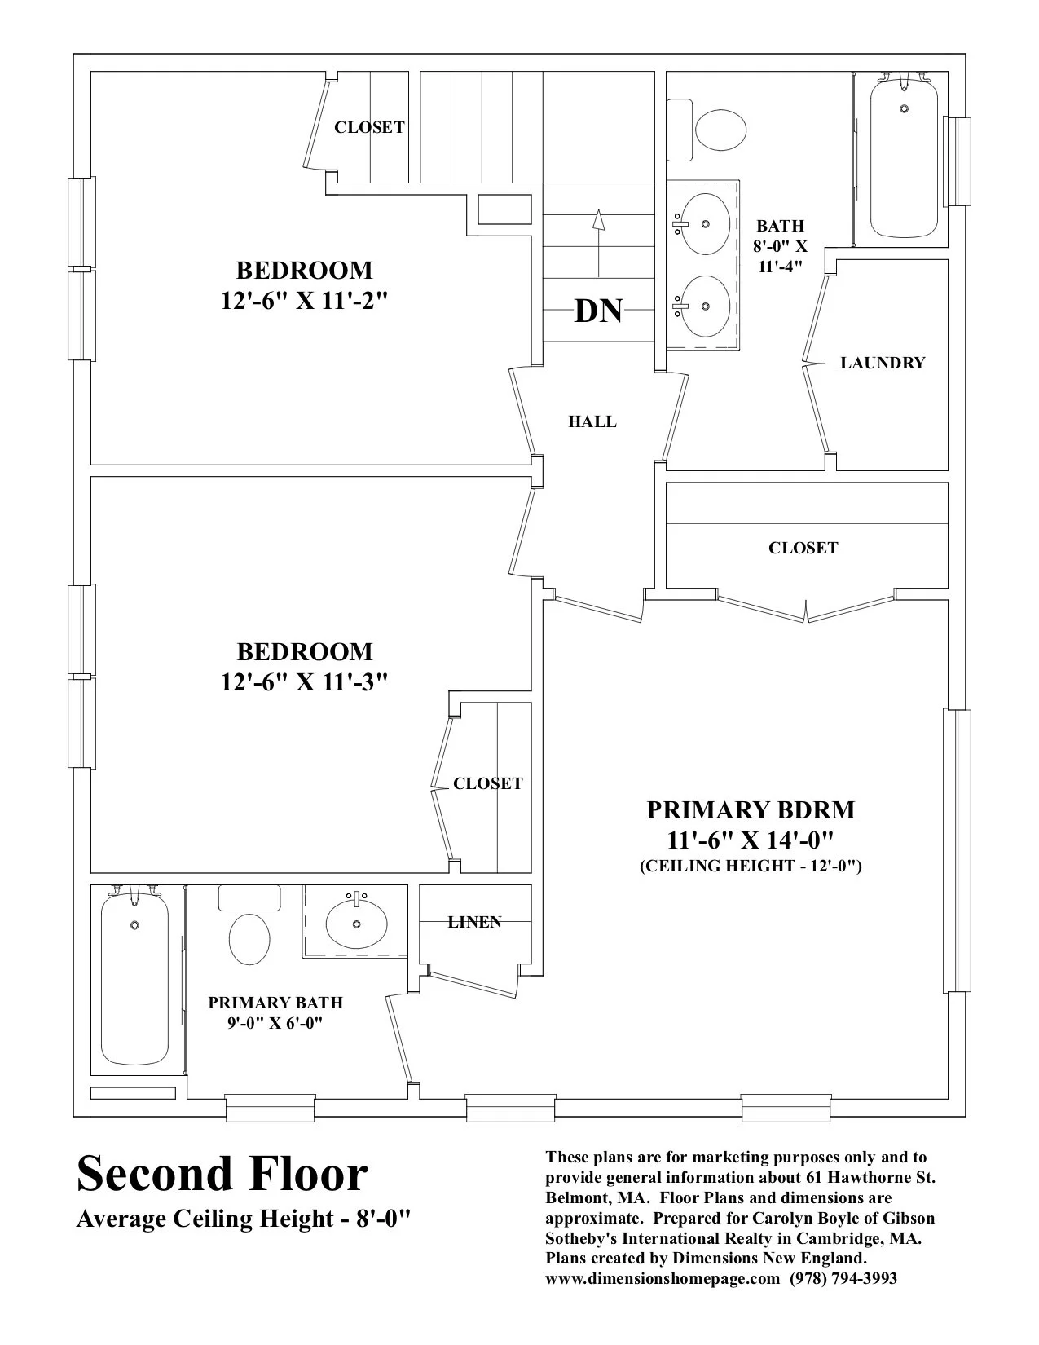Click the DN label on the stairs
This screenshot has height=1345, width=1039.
(598, 311)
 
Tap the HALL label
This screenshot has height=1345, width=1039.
(592, 421)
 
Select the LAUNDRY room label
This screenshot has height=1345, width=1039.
(883, 363)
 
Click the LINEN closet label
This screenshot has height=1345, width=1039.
(474, 922)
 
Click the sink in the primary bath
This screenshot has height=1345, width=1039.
(356, 923)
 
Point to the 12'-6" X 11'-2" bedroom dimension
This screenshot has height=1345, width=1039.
(303, 300)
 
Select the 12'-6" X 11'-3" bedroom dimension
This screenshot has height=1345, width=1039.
(303, 681)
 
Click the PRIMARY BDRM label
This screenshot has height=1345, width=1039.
(751, 810)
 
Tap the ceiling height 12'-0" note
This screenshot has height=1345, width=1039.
(751, 866)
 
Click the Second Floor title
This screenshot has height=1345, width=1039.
(222, 1175)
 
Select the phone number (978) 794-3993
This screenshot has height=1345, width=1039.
(843, 1278)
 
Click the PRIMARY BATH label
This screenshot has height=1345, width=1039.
(275, 1003)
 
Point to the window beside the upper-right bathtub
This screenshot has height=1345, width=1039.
(957, 161)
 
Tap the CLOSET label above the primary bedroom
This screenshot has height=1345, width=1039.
(803, 548)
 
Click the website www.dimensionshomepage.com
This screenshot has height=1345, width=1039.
(663, 1278)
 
